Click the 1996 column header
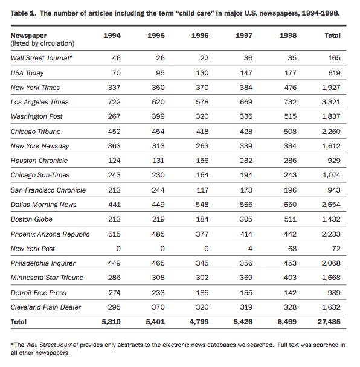[200, 36]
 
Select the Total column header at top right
[332, 36]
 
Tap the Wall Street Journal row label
[42, 58]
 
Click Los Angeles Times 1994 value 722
[114, 102]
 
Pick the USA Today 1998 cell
[290, 73]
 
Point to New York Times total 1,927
[331, 88]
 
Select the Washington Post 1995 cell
[158, 116]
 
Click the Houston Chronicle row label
[39, 161]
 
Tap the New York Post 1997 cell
[250, 249]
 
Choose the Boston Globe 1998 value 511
[290, 219]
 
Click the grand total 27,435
[329, 322]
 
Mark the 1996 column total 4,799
[199, 322]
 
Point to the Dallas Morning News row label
[43, 205]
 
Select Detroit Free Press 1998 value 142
[290, 293]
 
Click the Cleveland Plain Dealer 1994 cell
[114, 307]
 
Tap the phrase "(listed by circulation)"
[42, 44]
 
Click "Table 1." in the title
[24, 13]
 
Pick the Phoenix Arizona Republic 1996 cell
[202, 234]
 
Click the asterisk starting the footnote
[12, 344]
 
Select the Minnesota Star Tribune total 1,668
[331, 278]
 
